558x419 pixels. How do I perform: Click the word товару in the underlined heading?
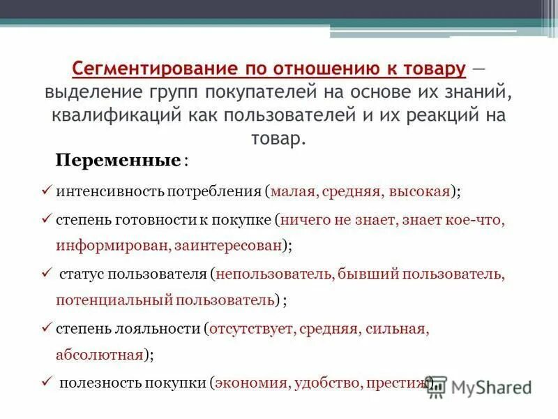[430, 70]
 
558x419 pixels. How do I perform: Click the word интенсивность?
[102, 190]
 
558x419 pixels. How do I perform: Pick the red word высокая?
[418, 190]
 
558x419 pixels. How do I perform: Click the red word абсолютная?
[99, 354]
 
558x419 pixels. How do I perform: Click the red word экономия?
[252, 383]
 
